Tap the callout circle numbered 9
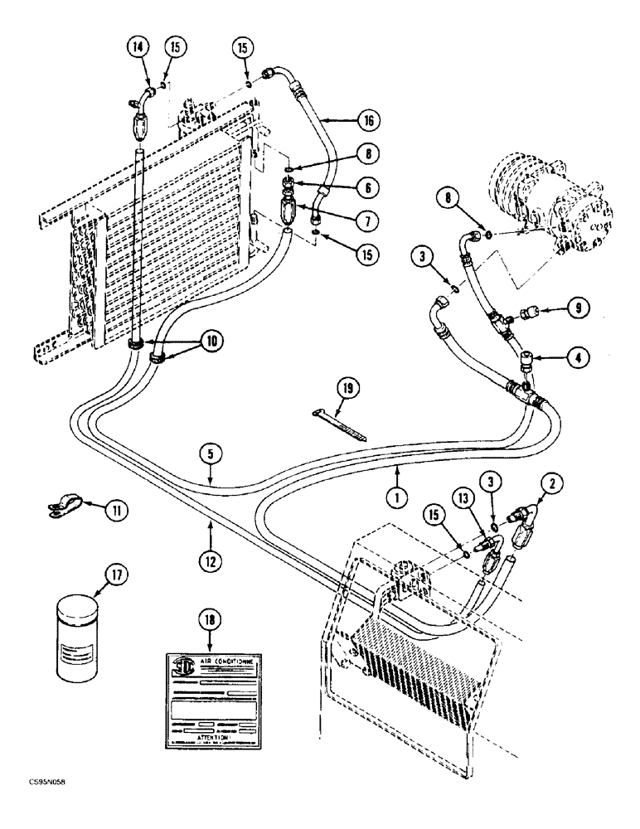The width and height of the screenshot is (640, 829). click(579, 308)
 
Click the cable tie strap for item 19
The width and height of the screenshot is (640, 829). click(340, 422)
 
